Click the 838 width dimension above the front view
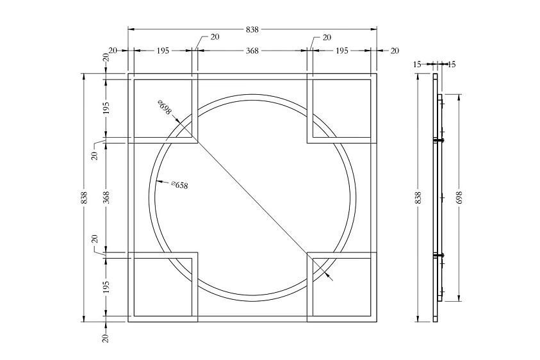pos(252,29)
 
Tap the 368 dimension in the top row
pos(252,51)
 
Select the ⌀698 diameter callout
pos(164,107)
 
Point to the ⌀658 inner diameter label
pos(179,184)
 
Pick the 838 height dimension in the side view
pos(418,198)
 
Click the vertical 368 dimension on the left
pos(106,198)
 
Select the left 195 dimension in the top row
pos(163,51)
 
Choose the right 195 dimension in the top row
pos(341,51)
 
